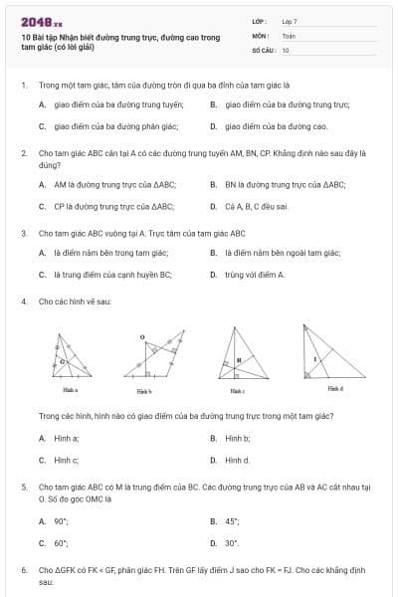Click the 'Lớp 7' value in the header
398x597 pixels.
(290, 21)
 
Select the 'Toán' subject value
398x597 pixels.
(289, 35)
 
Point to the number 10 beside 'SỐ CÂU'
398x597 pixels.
(286, 50)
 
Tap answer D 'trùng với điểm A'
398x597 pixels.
(254, 275)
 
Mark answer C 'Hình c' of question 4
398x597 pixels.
(66, 461)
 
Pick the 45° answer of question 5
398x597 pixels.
(231, 520)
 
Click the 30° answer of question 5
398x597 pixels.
(231, 543)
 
